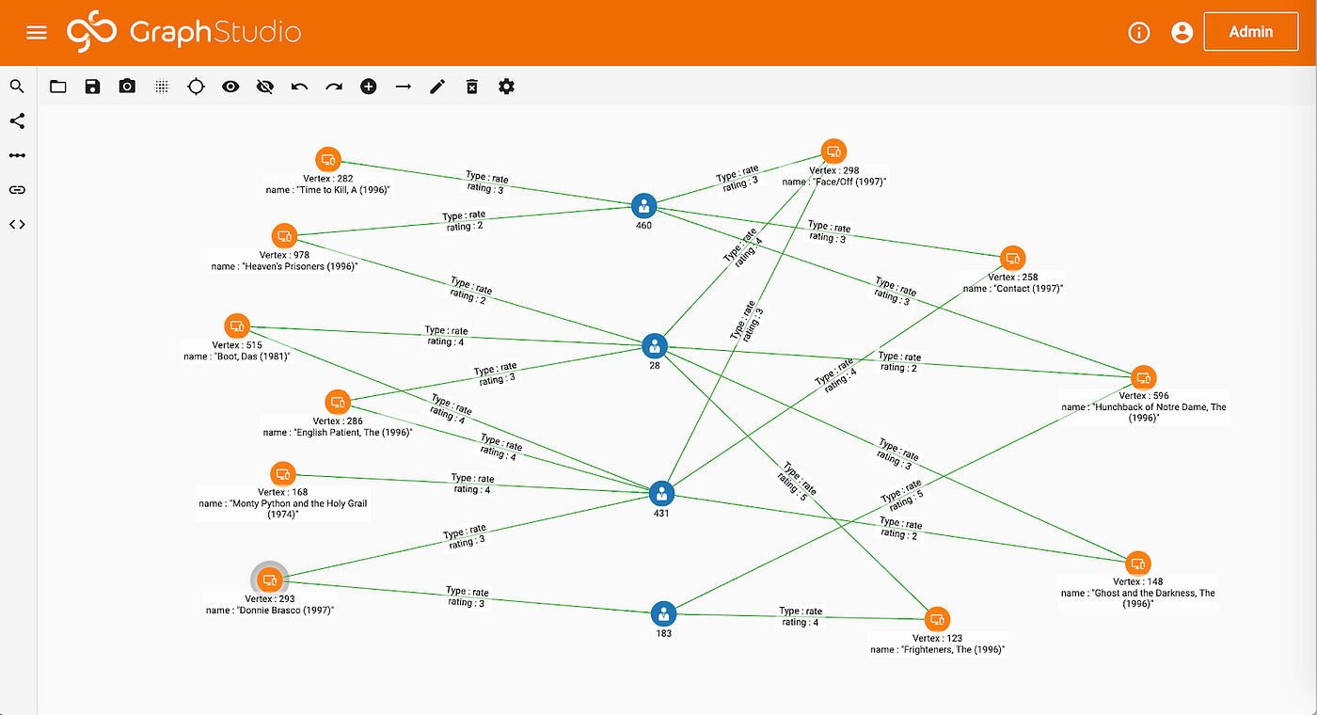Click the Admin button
(x=1250, y=32)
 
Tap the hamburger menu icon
(x=37, y=33)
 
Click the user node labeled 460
(x=643, y=206)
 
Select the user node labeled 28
(x=655, y=345)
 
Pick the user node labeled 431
(x=661, y=493)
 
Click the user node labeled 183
(x=664, y=614)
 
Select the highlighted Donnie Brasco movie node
(x=270, y=579)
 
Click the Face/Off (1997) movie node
(x=833, y=151)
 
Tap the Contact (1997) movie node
(x=1012, y=258)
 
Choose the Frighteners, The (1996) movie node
(x=937, y=619)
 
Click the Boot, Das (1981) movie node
(x=237, y=326)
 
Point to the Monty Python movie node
(x=283, y=473)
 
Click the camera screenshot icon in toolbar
(x=127, y=87)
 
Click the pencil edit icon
(x=437, y=87)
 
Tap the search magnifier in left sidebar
(x=17, y=87)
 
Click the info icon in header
(x=1139, y=33)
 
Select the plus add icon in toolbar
(x=369, y=87)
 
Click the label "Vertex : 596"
(x=1143, y=396)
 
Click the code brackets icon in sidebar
(x=17, y=224)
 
